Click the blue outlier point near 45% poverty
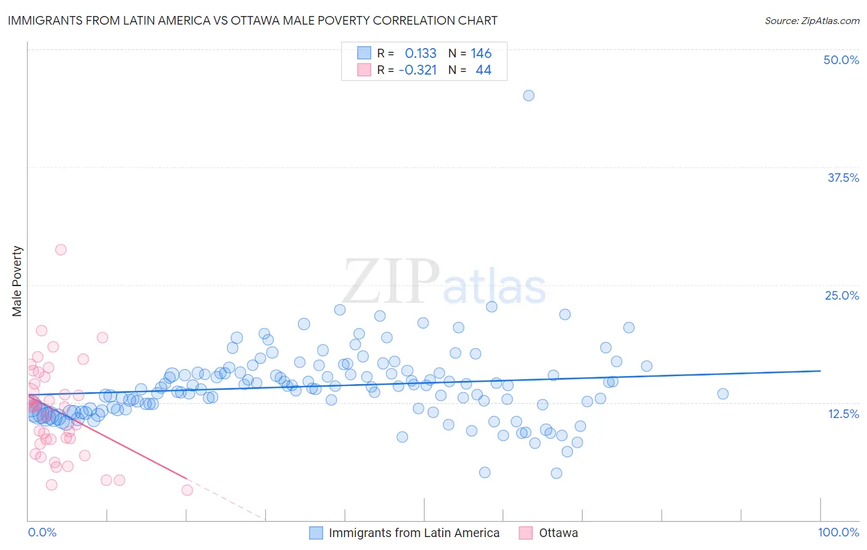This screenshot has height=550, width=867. click(528, 96)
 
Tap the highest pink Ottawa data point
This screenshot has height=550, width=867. click(60, 250)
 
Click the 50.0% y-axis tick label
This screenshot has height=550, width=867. click(841, 60)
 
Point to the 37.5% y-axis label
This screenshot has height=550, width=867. click(843, 178)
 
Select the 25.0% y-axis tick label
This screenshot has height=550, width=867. click(842, 295)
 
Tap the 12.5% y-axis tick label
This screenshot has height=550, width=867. click(843, 414)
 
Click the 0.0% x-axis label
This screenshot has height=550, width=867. click(42, 532)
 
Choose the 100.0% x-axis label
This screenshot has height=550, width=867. click(838, 532)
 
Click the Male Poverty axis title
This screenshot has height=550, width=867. click(17, 281)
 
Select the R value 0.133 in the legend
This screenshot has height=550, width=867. click(421, 54)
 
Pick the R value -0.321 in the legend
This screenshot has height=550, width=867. click(417, 70)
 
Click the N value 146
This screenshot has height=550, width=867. click(481, 54)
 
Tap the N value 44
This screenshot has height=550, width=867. click(483, 70)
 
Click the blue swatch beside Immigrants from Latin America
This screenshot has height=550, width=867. click(316, 533)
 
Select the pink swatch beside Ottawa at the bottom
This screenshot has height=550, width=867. click(526, 533)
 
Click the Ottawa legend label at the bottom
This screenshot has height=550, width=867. click(558, 533)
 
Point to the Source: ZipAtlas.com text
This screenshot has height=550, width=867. click(812, 20)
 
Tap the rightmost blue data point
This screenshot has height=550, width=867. click(723, 394)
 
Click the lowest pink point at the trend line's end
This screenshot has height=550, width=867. click(187, 490)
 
